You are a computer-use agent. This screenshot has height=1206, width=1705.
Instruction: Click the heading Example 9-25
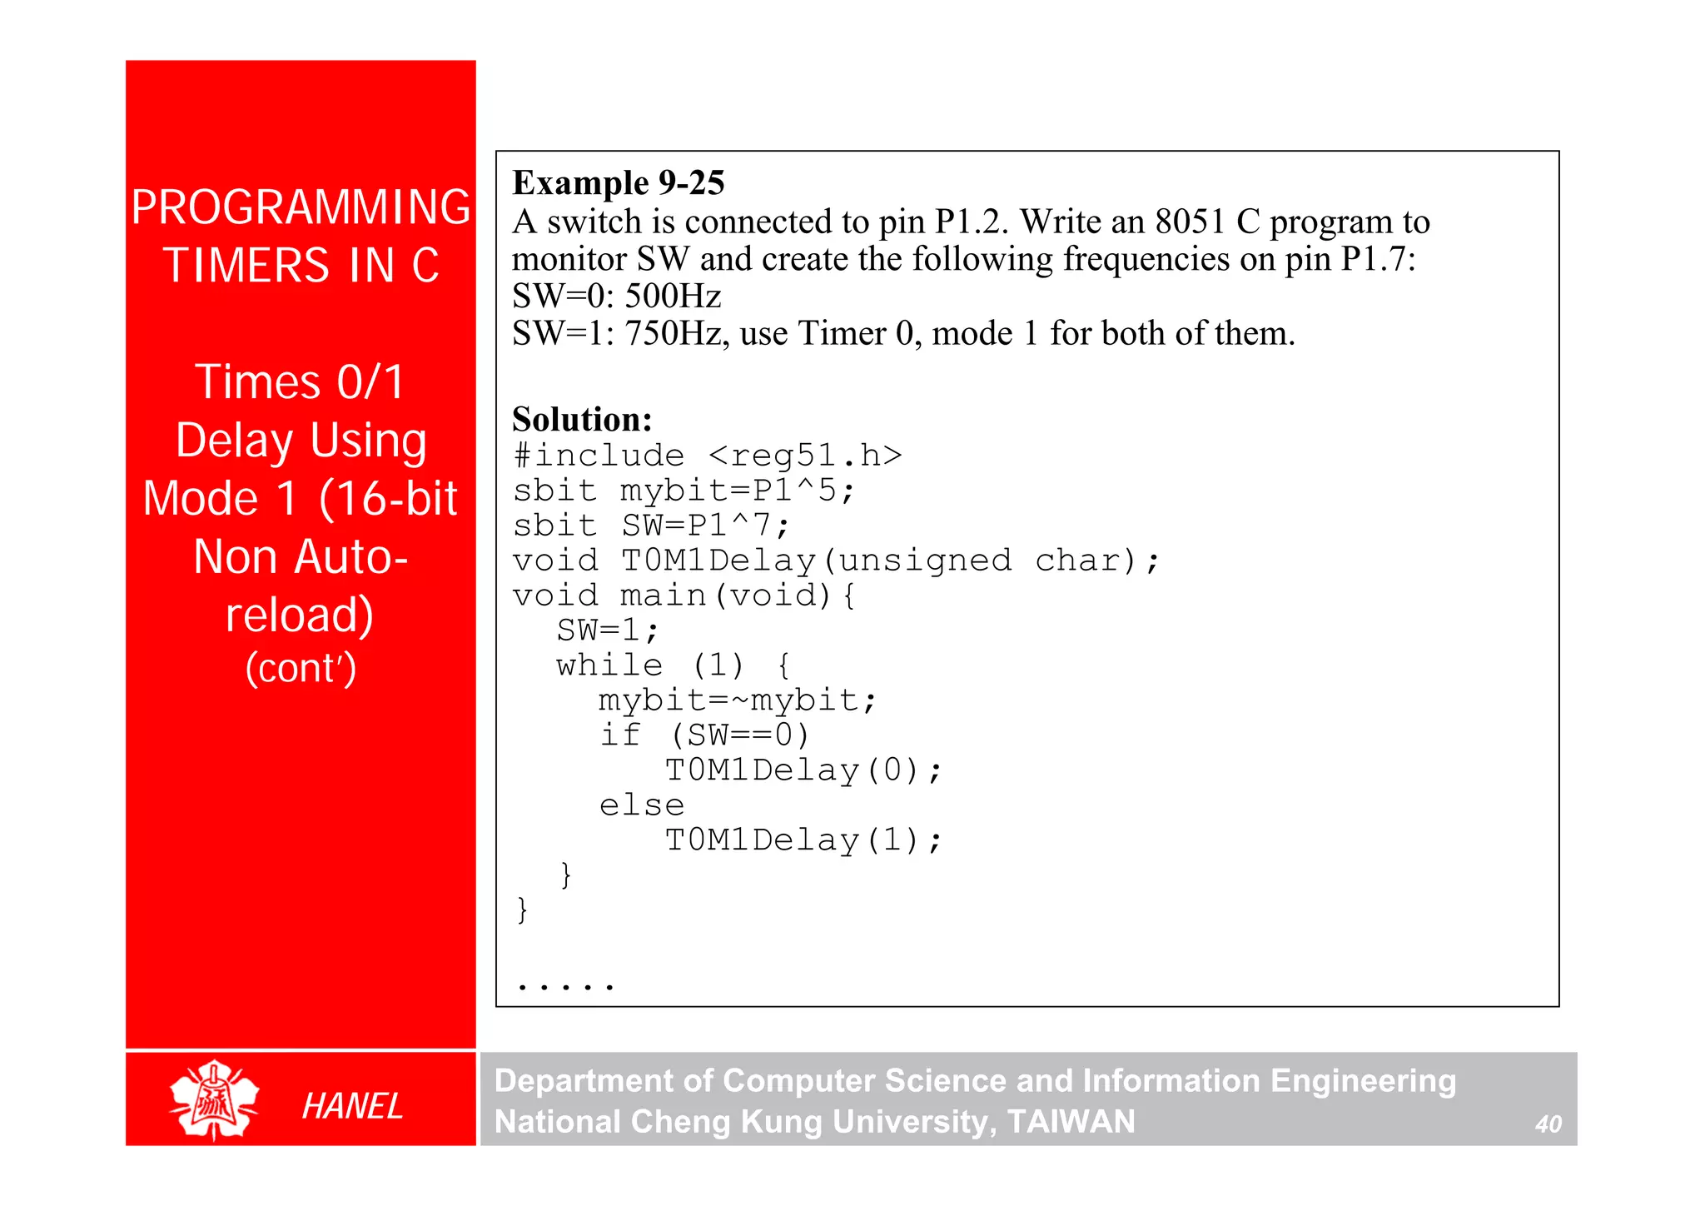pos(619,182)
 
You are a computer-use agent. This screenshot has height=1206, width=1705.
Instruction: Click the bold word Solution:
pos(582,419)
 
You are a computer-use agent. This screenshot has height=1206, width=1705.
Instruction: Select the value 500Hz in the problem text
pos(673,296)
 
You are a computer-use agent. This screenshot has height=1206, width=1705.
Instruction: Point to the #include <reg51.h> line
pos(708,456)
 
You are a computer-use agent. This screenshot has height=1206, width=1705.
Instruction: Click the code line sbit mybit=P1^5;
pos(683,491)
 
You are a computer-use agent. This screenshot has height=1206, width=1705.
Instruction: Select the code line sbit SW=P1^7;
pos(651,526)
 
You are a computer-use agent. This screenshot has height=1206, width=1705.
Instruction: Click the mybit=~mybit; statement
pos(738,700)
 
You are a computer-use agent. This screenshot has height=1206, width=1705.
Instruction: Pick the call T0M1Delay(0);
pos(803,770)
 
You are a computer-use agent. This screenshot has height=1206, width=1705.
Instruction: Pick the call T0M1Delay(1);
pos(803,840)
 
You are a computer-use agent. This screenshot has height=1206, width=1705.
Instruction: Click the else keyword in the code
pos(642,805)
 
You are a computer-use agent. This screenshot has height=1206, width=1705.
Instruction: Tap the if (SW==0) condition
pos(704,735)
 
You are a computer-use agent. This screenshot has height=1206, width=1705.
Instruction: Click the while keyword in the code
pos(609,665)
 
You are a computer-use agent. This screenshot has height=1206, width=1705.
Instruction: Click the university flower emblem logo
pos(214,1099)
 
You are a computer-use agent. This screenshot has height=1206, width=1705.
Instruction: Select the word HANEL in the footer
pos(352,1106)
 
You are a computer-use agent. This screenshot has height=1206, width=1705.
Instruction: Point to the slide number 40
pos(1548,1124)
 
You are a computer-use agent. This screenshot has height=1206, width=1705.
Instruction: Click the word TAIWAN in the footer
pos(1071,1122)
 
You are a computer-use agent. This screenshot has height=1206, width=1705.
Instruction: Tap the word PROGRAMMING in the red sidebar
pos(301,207)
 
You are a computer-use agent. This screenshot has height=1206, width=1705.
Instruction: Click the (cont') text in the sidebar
pos(301,668)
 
